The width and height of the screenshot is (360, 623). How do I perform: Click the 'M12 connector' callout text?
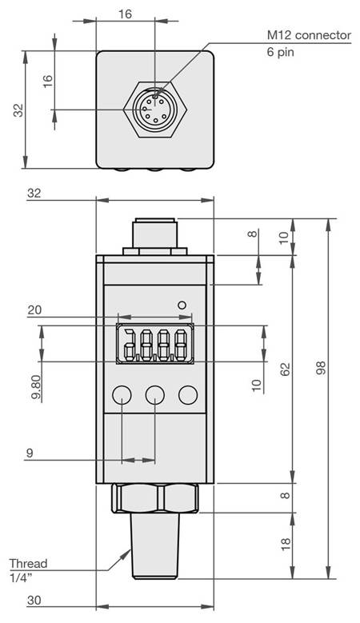click(x=309, y=35)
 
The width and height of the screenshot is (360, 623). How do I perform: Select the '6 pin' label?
click(x=281, y=52)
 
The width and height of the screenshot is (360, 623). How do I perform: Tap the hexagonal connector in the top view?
click(x=155, y=110)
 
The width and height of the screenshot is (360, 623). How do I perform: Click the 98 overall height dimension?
click(x=321, y=368)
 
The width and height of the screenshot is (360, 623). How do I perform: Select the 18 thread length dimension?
click(x=286, y=545)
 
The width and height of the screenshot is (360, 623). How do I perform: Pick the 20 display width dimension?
click(x=34, y=310)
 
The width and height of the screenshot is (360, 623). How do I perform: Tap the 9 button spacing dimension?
click(x=29, y=453)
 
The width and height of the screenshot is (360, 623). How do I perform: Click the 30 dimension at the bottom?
click(x=34, y=600)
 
